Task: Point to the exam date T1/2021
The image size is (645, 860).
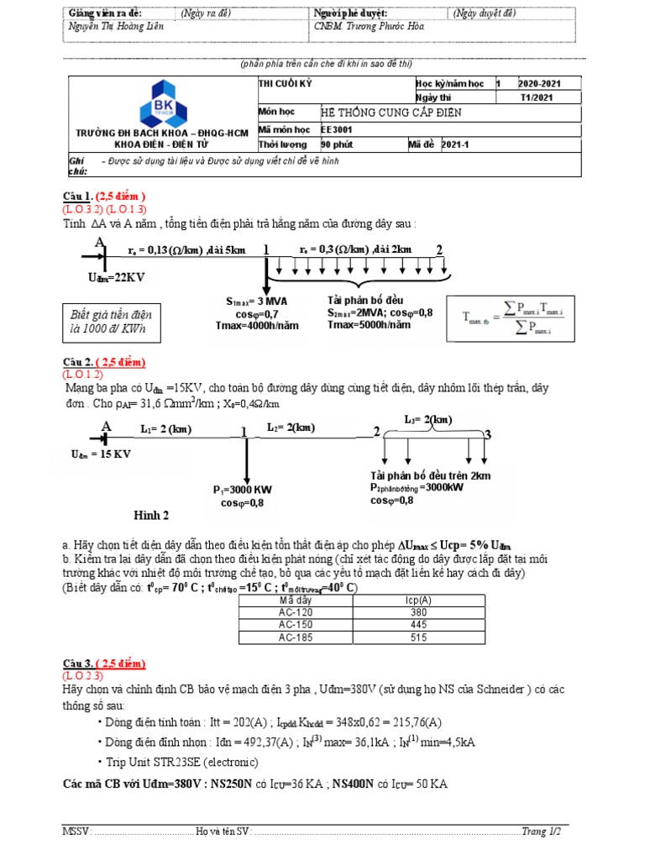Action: click(x=537, y=97)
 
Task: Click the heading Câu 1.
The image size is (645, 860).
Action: click(x=78, y=196)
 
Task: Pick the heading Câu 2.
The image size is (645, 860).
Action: click(x=78, y=363)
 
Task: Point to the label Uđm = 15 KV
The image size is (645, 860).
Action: click(x=102, y=454)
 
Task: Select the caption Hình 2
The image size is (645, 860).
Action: click(x=152, y=515)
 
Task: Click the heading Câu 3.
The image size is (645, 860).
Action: click(x=78, y=664)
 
